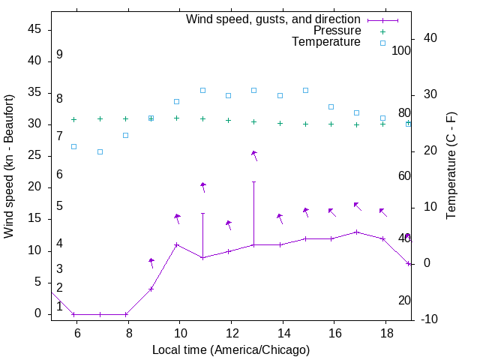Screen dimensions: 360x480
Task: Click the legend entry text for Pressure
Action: click(337, 31)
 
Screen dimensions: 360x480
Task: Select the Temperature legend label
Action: click(326, 42)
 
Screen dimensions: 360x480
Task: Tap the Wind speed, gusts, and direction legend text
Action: click(274, 19)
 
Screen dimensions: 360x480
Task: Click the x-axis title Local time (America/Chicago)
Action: click(230, 349)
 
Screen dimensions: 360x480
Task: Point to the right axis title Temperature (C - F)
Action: click(451, 166)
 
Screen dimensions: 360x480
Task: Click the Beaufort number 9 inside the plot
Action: click(59, 55)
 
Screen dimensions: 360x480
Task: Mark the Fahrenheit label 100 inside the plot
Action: click(401, 51)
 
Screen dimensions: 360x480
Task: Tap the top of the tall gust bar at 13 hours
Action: click(253, 181)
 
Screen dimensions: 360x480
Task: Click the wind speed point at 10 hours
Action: click(177, 244)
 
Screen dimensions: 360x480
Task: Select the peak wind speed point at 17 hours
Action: click(357, 232)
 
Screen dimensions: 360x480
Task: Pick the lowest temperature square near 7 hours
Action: click(100, 151)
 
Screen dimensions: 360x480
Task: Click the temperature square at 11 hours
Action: click(202, 90)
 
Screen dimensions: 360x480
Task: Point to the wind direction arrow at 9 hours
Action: click(151, 262)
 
